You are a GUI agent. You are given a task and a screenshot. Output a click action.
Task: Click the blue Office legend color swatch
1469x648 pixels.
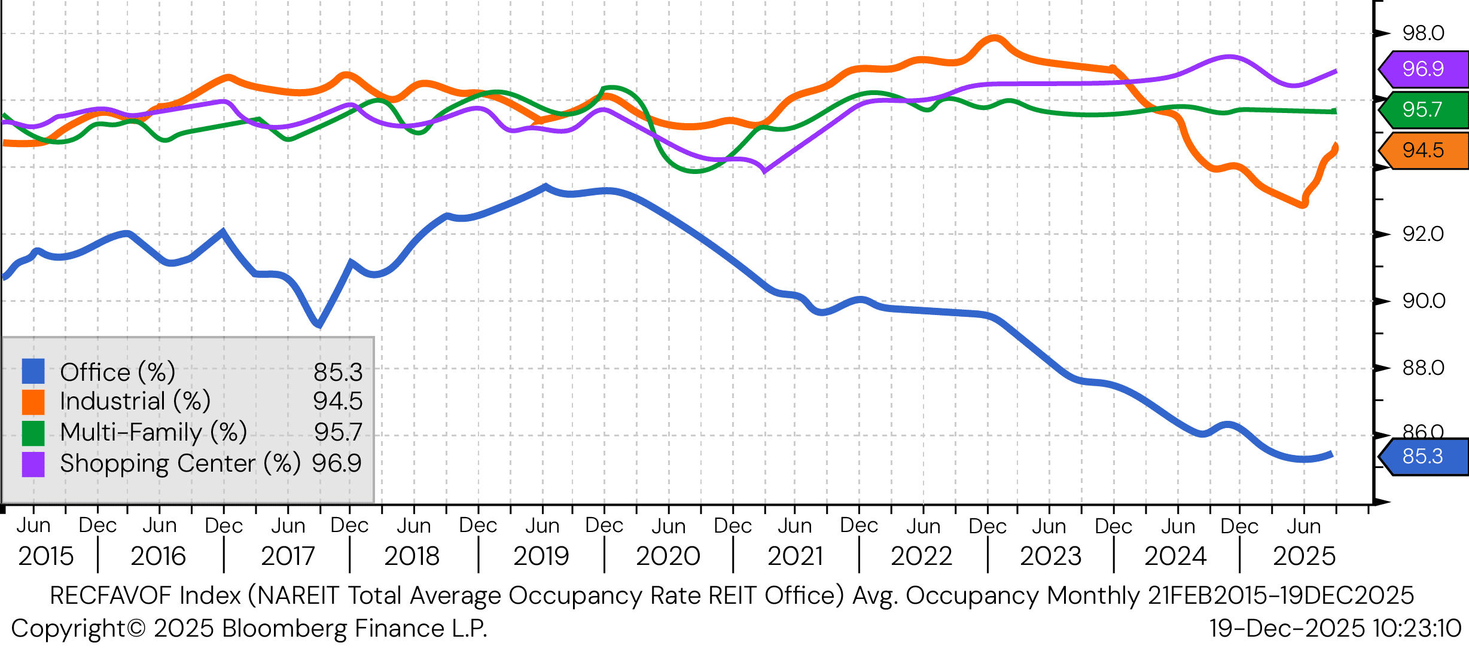point(33,371)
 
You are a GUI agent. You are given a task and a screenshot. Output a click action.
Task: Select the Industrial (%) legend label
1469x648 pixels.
point(135,401)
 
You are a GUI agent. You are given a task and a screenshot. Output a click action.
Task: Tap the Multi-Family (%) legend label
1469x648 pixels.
point(154,432)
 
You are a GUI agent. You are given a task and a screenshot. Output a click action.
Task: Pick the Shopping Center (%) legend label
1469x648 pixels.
point(179,463)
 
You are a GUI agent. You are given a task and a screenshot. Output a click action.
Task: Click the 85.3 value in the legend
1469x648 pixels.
point(338,372)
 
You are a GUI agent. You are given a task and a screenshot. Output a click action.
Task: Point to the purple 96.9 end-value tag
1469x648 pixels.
point(1423,69)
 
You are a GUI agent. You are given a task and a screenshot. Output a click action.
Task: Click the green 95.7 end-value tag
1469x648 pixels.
point(1423,109)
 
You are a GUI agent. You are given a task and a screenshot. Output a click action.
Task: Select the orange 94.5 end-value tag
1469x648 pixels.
point(1423,150)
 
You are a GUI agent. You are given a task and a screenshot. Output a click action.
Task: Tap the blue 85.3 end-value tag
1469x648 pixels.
point(1423,456)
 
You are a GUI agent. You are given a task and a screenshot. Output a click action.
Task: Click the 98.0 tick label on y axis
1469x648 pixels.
point(1424,33)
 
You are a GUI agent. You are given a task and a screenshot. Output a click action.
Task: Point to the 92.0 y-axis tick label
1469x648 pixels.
point(1424,234)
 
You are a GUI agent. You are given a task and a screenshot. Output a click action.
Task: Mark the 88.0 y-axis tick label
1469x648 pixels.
point(1424,368)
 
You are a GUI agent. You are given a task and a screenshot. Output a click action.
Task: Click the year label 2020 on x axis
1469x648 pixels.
point(668,557)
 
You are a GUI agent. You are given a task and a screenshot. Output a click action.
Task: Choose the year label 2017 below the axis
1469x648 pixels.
point(288,557)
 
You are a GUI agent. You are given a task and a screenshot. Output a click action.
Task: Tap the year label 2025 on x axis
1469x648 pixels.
point(1304,557)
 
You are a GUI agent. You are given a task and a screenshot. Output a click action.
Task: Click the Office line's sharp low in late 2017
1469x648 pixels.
point(319,325)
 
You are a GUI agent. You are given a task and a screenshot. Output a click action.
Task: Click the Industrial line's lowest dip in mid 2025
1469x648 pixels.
point(1303,205)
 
